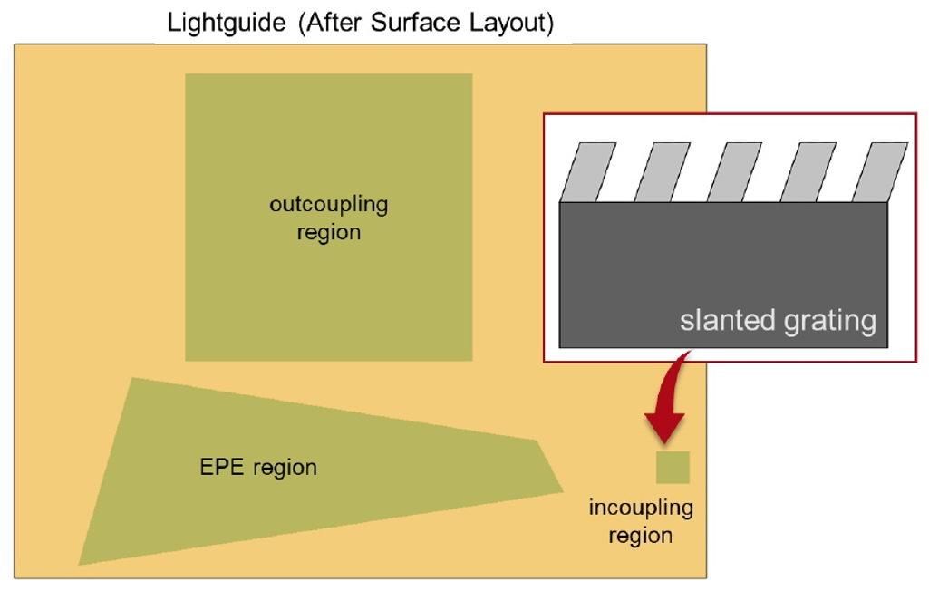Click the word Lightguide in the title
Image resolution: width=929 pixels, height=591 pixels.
(x=227, y=24)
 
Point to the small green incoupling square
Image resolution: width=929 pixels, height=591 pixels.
(x=673, y=467)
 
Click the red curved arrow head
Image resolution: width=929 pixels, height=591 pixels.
(x=664, y=427)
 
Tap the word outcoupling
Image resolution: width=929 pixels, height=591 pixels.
(x=329, y=205)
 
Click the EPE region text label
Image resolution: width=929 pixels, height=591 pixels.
(x=258, y=467)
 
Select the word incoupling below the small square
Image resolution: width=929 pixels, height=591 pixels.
(x=641, y=508)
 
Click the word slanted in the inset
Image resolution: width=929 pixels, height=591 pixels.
(x=728, y=320)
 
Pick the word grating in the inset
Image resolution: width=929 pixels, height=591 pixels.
(x=830, y=322)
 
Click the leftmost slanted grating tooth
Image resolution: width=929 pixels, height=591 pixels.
(x=588, y=172)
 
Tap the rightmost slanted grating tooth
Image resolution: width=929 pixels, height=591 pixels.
(x=880, y=172)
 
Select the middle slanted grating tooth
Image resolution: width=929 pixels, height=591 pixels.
(x=735, y=172)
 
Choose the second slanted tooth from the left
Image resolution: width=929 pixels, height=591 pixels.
(x=662, y=172)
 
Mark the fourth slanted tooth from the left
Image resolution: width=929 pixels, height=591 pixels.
(x=808, y=172)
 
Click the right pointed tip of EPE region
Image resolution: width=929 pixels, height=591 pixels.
(x=563, y=490)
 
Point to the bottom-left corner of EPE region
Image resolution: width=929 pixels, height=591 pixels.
(x=79, y=565)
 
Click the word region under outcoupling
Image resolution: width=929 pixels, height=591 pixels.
(x=329, y=233)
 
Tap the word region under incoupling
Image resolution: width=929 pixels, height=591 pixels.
(x=641, y=536)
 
